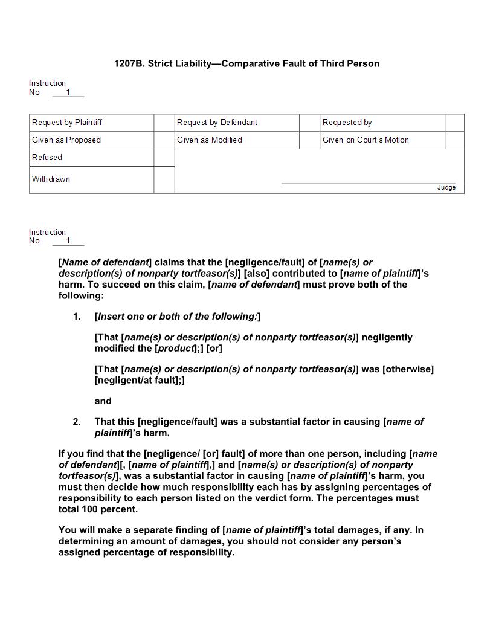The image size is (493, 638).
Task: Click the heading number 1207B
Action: point(127,63)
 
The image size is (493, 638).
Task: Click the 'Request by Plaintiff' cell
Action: point(67,123)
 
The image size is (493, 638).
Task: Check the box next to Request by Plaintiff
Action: point(164,123)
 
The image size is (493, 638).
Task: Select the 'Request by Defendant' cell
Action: point(217,123)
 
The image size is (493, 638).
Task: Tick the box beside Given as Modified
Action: point(309,140)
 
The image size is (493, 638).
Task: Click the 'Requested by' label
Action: point(347,123)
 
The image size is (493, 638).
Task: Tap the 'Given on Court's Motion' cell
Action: point(366,140)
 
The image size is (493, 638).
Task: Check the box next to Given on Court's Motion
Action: point(454,140)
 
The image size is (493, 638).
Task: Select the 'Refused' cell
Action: point(47,158)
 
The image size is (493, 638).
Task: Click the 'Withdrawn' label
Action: point(51,179)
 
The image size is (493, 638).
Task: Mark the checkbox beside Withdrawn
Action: point(164,180)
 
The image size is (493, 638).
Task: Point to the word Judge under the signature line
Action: point(446,188)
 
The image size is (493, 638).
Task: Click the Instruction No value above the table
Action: point(68,92)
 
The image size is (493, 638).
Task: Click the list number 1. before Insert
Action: point(77,317)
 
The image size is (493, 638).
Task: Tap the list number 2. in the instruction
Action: point(77,422)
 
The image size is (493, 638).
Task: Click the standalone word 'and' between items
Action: point(103,401)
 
